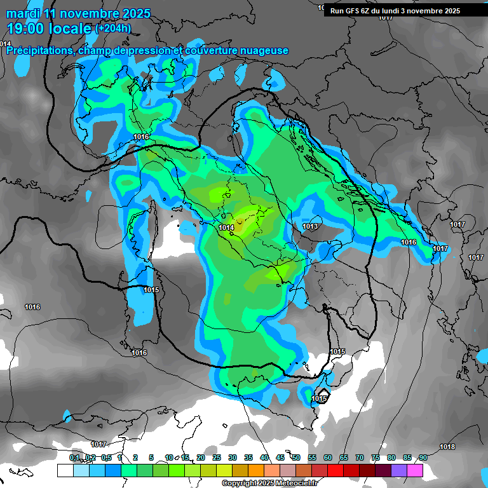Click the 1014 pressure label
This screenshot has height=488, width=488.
click(226, 227)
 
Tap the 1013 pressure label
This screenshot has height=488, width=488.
click(310, 227)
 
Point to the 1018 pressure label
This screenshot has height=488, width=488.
click(447, 447)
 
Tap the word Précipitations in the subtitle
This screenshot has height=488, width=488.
click(39, 51)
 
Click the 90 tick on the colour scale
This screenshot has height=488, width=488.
click(423, 457)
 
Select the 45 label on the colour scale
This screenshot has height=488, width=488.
click(280, 457)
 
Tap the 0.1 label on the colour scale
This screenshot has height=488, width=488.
click(74, 457)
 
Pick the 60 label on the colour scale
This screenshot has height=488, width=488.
click(328, 457)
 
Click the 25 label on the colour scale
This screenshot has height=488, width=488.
click(217, 457)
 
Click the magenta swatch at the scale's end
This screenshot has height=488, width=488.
click(415, 471)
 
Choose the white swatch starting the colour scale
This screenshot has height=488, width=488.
click(65, 471)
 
